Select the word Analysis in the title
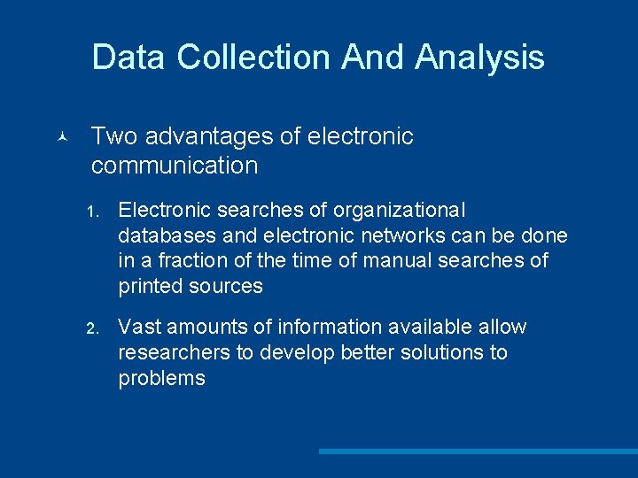coord(479,58)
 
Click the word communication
coord(175,166)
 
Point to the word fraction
coord(185,261)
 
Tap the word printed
coord(151,286)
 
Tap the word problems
coord(161,378)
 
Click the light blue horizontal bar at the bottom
coord(478,451)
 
